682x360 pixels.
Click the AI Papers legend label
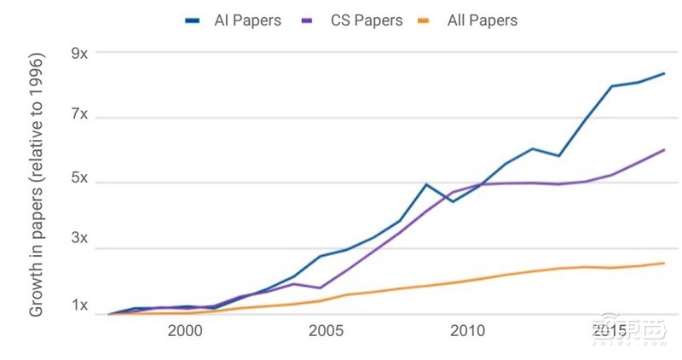tap(247, 20)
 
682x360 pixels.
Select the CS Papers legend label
tap(367, 20)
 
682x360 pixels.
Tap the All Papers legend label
tap(482, 20)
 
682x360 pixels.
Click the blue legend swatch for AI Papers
tap(193, 20)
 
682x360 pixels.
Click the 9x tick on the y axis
tap(79, 53)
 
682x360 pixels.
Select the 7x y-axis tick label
tap(79, 114)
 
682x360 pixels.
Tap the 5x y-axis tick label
tap(79, 179)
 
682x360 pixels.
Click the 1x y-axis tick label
tap(79, 305)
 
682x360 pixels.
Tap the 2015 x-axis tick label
tap(610, 329)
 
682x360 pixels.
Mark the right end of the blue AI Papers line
tap(664, 73)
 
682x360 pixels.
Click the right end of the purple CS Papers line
tap(664, 149)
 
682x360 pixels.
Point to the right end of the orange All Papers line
tap(664, 263)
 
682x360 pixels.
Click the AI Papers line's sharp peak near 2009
tap(425, 184)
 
